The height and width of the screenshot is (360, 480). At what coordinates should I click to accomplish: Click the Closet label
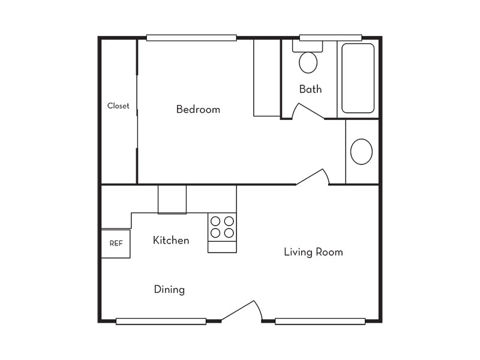point(118,106)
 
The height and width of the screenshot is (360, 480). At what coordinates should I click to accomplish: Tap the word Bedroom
point(198,109)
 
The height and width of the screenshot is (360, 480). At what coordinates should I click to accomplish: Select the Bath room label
point(310,89)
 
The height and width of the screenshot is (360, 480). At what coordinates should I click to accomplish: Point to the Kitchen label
point(171,240)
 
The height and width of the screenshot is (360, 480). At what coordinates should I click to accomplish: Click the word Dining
point(169,289)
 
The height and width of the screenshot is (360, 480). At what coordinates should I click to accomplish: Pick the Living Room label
point(313,252)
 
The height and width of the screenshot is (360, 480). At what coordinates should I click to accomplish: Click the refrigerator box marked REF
point(116,244)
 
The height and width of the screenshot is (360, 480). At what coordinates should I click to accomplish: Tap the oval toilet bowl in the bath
point(308,62)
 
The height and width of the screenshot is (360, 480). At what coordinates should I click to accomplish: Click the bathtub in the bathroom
point(358,78)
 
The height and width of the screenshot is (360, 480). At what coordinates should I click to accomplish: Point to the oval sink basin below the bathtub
point(361,152)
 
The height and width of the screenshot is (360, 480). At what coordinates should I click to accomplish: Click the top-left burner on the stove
point(215,221)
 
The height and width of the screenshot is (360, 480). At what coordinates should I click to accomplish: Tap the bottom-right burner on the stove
point(229,233)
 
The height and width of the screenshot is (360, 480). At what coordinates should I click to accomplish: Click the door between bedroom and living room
point(313,177)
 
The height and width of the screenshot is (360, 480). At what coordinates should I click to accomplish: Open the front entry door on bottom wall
point(241,311)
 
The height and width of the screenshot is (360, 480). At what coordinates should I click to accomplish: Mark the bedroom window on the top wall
point(191,38)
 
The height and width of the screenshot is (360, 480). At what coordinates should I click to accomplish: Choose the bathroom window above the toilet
point(331,38)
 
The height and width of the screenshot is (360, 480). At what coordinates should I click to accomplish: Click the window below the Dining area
point(161,322)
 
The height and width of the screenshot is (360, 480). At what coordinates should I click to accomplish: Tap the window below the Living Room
point(320,322)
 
